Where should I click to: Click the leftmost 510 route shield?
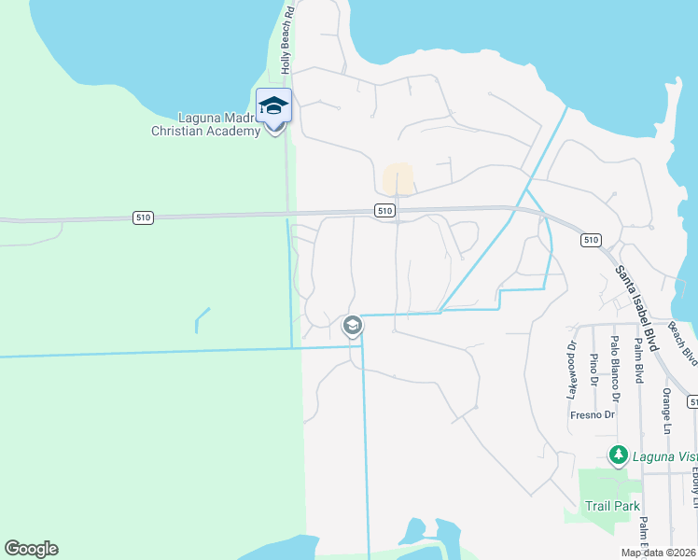pyautogui.click(x=142, y=217)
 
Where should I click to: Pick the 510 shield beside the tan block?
pyautogui.click(x=384, y=212)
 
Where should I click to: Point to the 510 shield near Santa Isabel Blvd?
pyautogui.click(x=590, y=240)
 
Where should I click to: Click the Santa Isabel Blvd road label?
pyautogui.click(x=637, y=307)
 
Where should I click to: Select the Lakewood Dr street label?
pyautogui.click(x=572, y=370)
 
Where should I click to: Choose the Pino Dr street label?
pyautogui.click(x=593, y=368)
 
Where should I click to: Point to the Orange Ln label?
pyautogui.click(x=666, y=411)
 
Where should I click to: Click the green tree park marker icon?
pyautogui.click(x=617, y=455)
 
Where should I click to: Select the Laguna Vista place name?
pyautogui.click(x=664, y=456)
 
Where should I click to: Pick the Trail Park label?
pyautogui.click(x=612, y=506)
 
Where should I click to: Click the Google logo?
pyautogui.click(x=31, y=549)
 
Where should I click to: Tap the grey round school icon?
pyautogui.click(x=352, y=326)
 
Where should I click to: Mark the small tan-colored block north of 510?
pyautogui.click(x=398, y=179)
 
